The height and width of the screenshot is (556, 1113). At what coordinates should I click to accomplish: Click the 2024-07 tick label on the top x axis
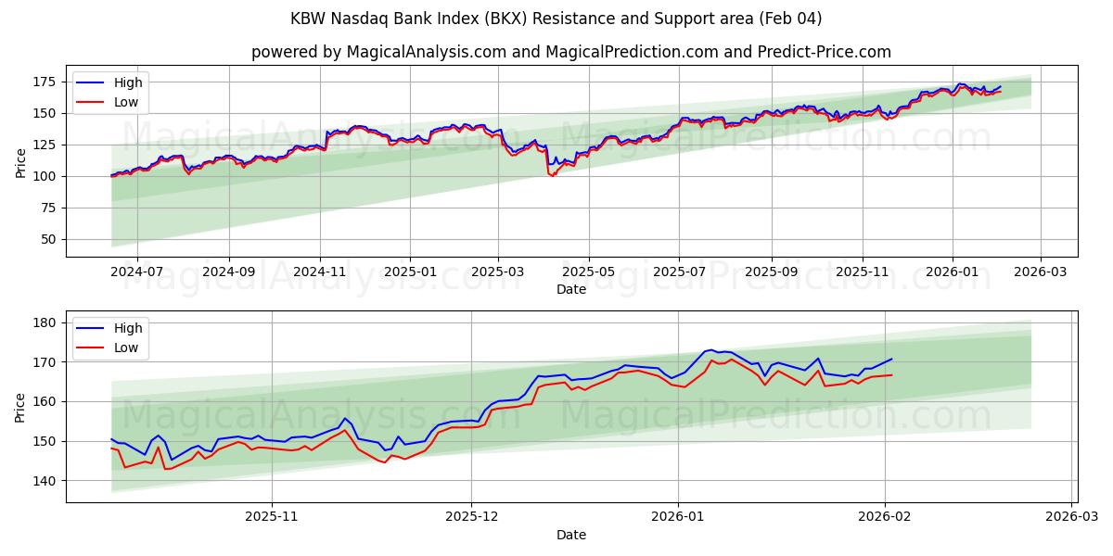coord(136,273)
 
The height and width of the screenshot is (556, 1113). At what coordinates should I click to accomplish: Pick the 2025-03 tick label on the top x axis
coord(499,273)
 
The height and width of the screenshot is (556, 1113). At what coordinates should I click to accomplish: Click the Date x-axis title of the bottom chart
coord(571,535)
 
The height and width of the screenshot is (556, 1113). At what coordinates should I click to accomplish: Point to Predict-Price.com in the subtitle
coord(813,52)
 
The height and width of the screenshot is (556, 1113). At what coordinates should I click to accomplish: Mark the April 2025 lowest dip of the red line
coord(554,175)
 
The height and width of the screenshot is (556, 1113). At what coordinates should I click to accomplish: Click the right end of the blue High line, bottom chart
coord(891,359)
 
